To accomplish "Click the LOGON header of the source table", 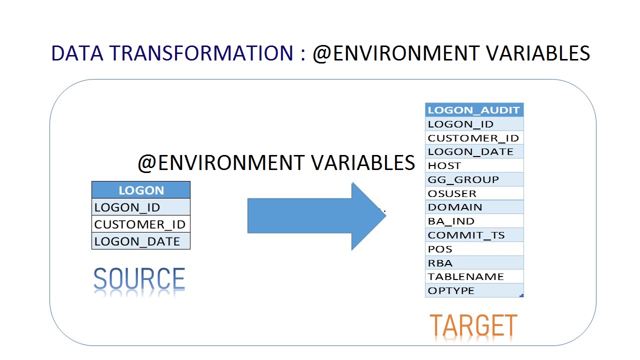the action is [141, 190].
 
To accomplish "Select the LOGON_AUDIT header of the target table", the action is [474, 110].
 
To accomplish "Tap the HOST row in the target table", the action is [474, 165].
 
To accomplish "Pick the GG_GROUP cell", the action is [474, 179].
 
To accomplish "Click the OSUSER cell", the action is [474, 193].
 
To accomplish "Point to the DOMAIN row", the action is [474, 207].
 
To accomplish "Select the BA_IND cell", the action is [474, 221].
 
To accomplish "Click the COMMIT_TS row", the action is [474, 235].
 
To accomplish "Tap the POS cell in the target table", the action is [474, 249].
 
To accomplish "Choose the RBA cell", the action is [474, 263].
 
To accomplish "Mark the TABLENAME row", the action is [474, 276].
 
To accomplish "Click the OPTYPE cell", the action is [474, 290].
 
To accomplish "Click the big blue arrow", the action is [316, 216].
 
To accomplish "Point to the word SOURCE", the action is [139, 278].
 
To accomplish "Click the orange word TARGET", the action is [473, 325].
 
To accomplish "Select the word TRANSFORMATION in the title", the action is [201, 53].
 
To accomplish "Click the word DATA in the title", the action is [77, 53].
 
